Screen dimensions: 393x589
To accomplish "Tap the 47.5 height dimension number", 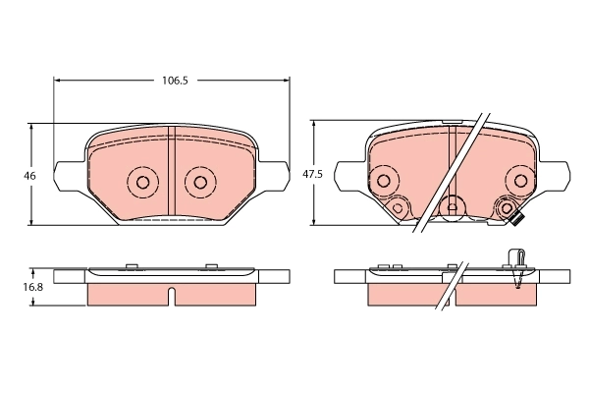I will click(x=311, y=174).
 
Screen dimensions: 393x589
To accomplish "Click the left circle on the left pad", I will click(x=140, y=181).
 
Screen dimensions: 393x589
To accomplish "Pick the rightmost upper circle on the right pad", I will click(x=520, y=180).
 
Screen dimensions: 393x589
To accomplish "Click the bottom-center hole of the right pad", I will click(x=452, y=206).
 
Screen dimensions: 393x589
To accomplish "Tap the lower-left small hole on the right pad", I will click(x=398, y=207).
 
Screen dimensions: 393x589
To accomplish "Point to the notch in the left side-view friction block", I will click(x=171, y=294).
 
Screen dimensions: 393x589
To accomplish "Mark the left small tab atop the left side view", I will click(x=132, y=264).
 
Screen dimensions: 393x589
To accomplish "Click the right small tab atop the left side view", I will click(x=210, y=264).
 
